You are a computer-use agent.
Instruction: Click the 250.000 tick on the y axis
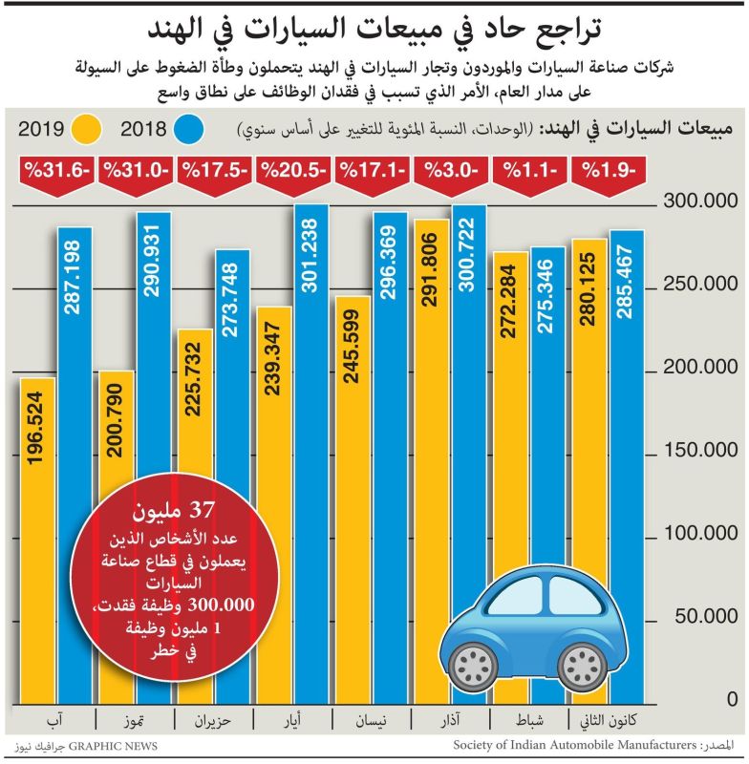pos(702,285)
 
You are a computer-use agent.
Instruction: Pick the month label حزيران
pos(212,721)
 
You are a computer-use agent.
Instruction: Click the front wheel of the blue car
pos(473,663)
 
